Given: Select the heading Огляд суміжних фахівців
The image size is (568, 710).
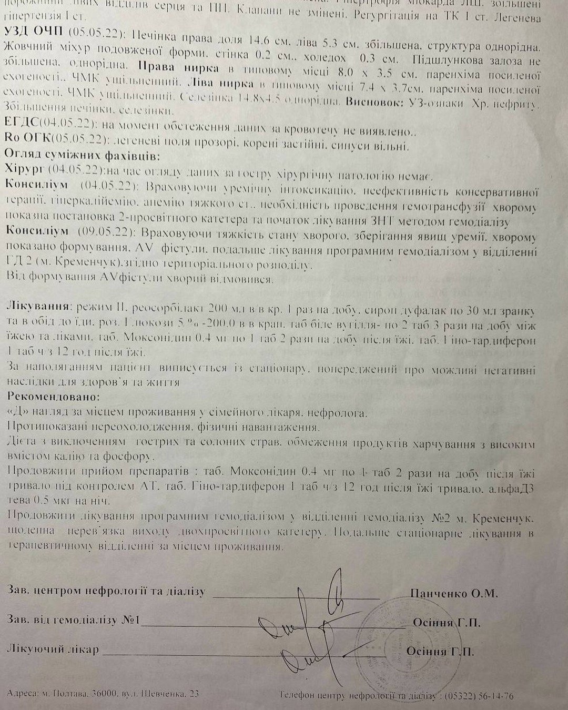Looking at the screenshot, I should [x=82, y=157].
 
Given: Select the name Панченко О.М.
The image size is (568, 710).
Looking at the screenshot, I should [x=453, y=593].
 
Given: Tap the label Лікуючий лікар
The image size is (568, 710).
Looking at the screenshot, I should [x=53, y=650].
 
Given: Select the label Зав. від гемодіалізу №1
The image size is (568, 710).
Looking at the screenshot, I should [x=73, y=620].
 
